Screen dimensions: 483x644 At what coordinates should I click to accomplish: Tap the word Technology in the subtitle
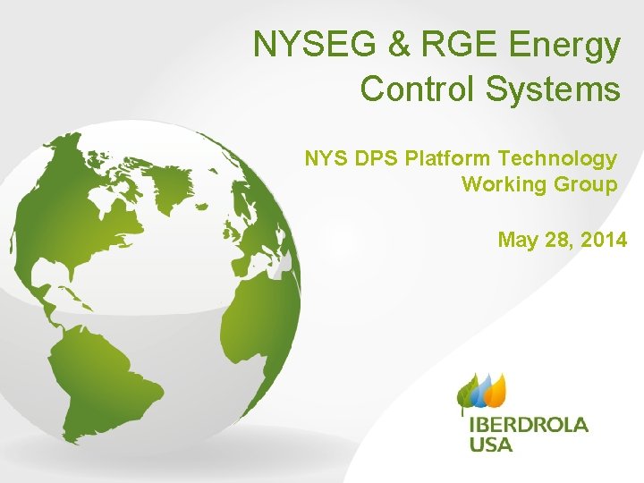tap(558, 160)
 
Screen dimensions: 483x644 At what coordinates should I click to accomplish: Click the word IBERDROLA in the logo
tap(529, 425)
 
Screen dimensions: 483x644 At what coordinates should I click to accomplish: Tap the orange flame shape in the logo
tap(496, 386)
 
